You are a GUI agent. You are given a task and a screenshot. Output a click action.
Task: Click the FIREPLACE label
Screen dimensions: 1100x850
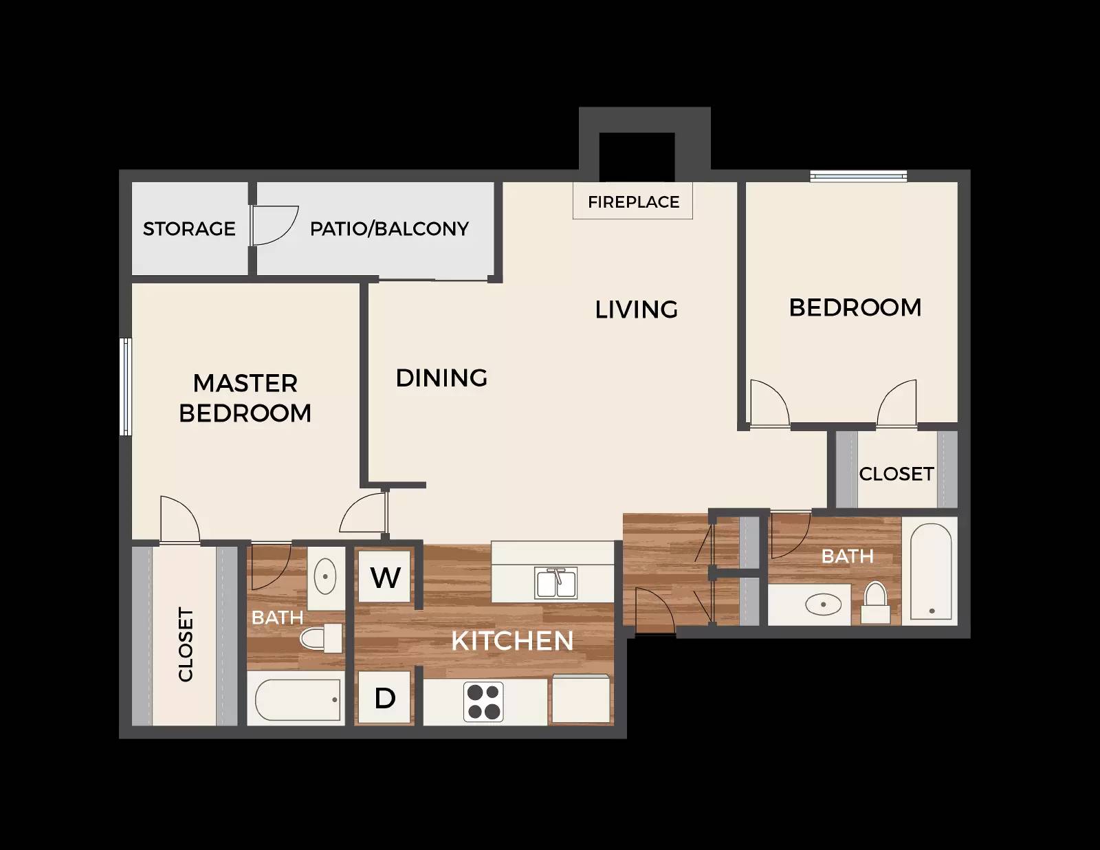[633, 202]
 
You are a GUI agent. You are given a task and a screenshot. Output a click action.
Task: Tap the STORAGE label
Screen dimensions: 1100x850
[189, 229]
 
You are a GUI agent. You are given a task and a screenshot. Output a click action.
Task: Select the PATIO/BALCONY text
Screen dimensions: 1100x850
[389, 229]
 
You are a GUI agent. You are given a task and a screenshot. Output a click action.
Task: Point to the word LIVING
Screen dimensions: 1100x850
[637, 309]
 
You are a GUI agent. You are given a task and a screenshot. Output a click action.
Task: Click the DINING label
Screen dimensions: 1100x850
[441, 378]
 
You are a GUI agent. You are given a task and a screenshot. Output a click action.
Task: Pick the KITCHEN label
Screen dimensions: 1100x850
[512, 641]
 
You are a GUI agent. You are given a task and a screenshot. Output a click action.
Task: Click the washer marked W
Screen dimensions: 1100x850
[384, 576]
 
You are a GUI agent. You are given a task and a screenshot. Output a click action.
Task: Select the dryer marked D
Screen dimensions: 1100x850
[384, 697]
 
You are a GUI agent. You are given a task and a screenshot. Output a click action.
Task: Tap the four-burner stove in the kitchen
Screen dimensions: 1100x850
[483, 701]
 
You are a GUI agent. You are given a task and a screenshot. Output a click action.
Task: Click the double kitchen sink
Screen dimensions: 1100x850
[555, 582]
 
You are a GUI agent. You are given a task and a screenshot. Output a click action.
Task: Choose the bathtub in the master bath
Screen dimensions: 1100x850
[297, 699]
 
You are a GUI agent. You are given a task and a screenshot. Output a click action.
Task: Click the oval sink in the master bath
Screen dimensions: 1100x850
[325, 576]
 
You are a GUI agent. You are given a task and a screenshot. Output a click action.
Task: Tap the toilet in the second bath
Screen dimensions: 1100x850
[875, 602]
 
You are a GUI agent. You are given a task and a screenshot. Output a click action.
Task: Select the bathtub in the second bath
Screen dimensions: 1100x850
[930, 571]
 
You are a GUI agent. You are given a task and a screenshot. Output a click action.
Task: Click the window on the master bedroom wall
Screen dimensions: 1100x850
[125, 386]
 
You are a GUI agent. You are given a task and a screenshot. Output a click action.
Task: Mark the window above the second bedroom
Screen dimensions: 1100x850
[858, 175]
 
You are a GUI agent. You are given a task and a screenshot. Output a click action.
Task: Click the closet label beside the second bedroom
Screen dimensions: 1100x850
[896, 474]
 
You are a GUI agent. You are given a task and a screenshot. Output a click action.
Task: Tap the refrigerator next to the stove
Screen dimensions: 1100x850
[581, 699]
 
